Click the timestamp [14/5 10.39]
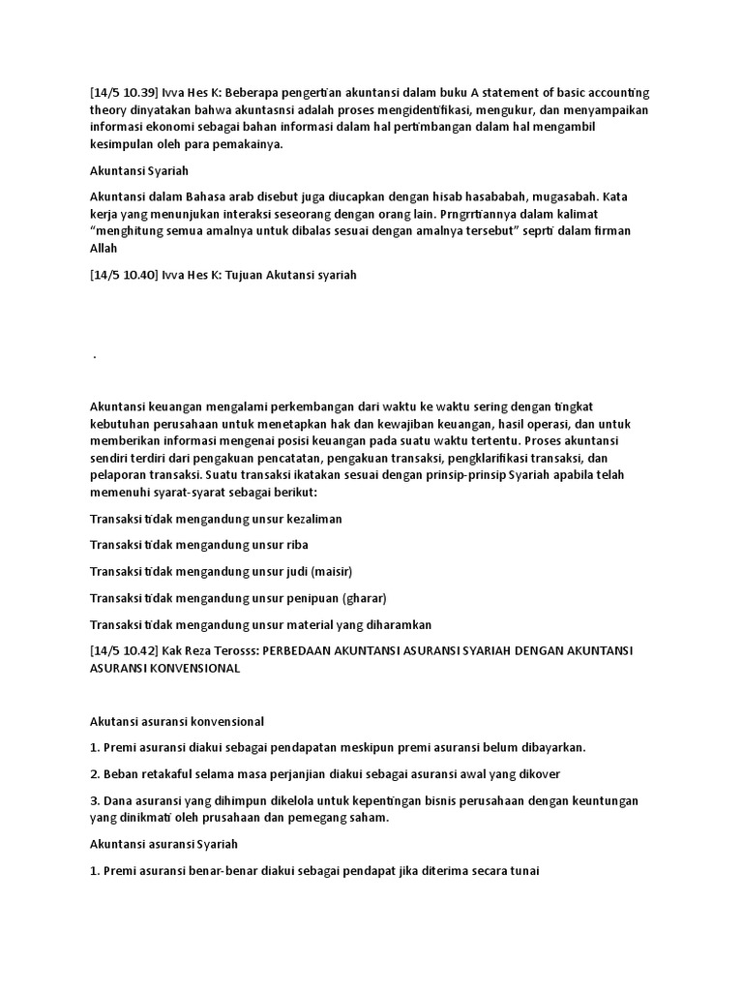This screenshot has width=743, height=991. click(121, 93)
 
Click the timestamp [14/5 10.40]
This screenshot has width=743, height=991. click(121, 275)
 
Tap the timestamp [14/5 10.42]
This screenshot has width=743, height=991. click(121, 650)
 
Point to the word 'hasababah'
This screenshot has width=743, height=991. click(449, 196)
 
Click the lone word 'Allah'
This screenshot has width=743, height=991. click(104, 249)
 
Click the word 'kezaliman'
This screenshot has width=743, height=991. click(312, 519)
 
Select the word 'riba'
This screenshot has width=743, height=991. click(296, 545)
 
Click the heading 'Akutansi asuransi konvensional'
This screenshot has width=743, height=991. click(177, 722)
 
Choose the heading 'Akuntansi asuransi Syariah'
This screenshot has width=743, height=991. click(163, 844)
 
